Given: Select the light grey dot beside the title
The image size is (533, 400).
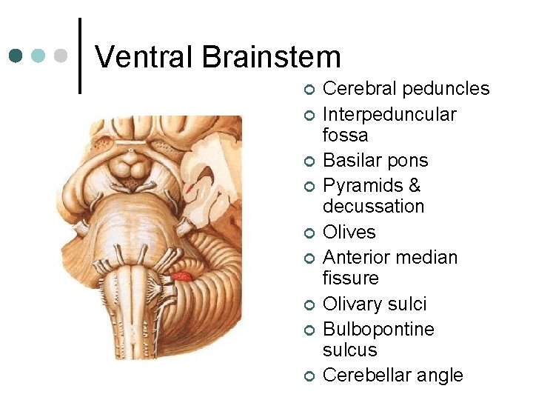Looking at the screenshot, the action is click(x=61, y=56).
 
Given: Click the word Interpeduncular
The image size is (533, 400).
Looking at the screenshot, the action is click(x=389, y=114).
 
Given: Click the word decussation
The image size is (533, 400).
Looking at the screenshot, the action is click(x=373, y=206).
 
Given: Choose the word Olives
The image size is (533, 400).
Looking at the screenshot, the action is click(x=349, y=233).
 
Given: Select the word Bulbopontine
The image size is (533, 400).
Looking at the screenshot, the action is click(x=378, y=329).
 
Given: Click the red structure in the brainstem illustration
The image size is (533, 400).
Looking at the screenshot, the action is click(x=182, y=277).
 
